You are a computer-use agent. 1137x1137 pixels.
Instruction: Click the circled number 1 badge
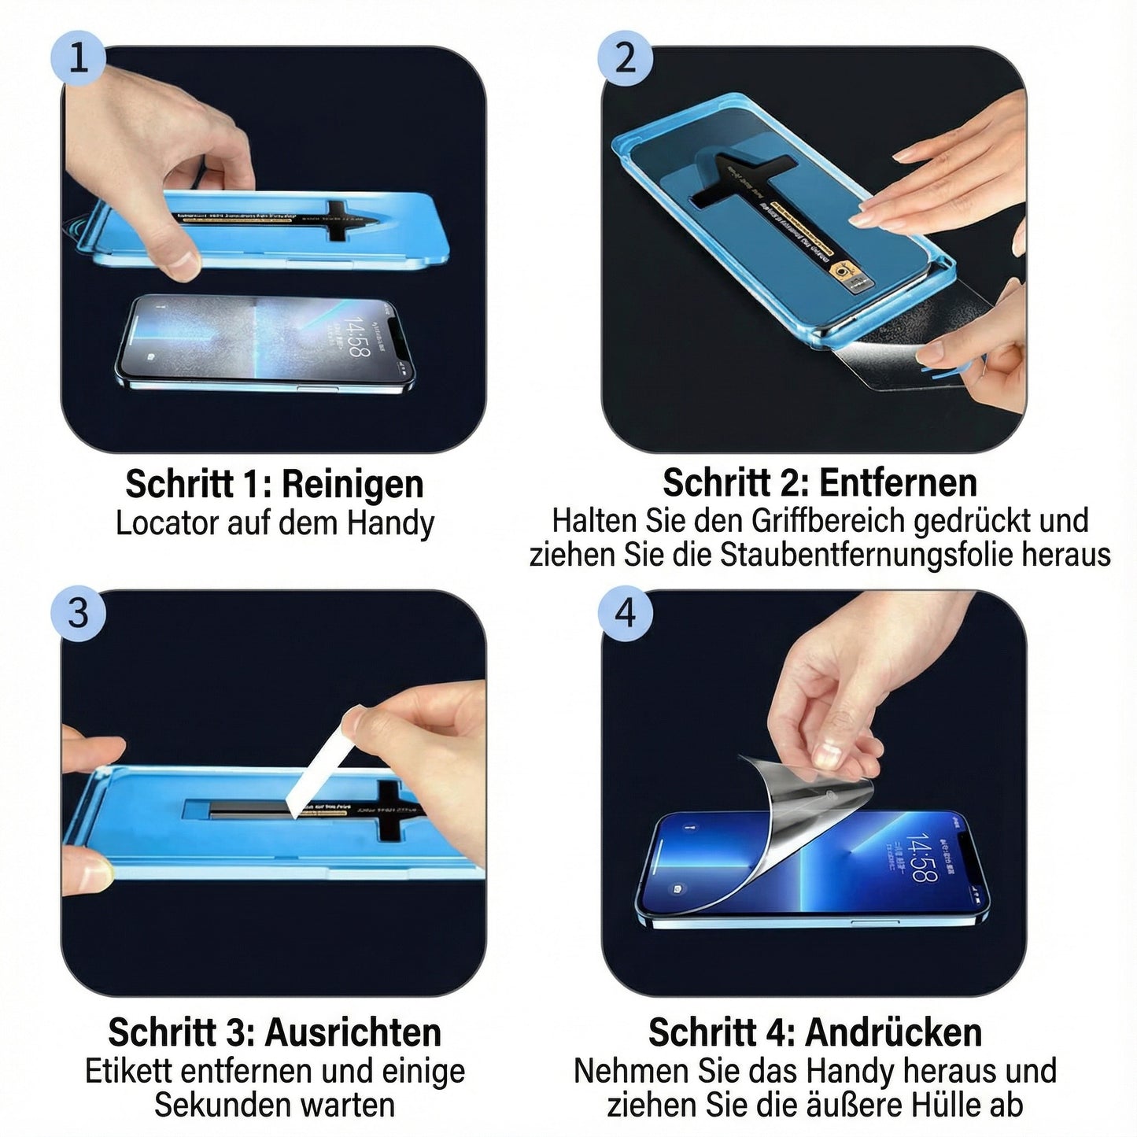pos(78,57)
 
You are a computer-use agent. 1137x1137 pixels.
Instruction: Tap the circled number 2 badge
pos(625,57)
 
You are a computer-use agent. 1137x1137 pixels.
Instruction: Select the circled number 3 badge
pos(78,611)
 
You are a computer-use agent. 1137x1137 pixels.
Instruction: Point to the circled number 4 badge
pos(625,611)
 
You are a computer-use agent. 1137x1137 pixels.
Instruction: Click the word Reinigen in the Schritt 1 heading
pos(353,485)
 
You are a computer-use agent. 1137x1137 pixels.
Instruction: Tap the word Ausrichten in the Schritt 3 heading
pos(353,1032)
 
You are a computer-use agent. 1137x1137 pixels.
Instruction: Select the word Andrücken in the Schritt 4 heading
pos(894,1032)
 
